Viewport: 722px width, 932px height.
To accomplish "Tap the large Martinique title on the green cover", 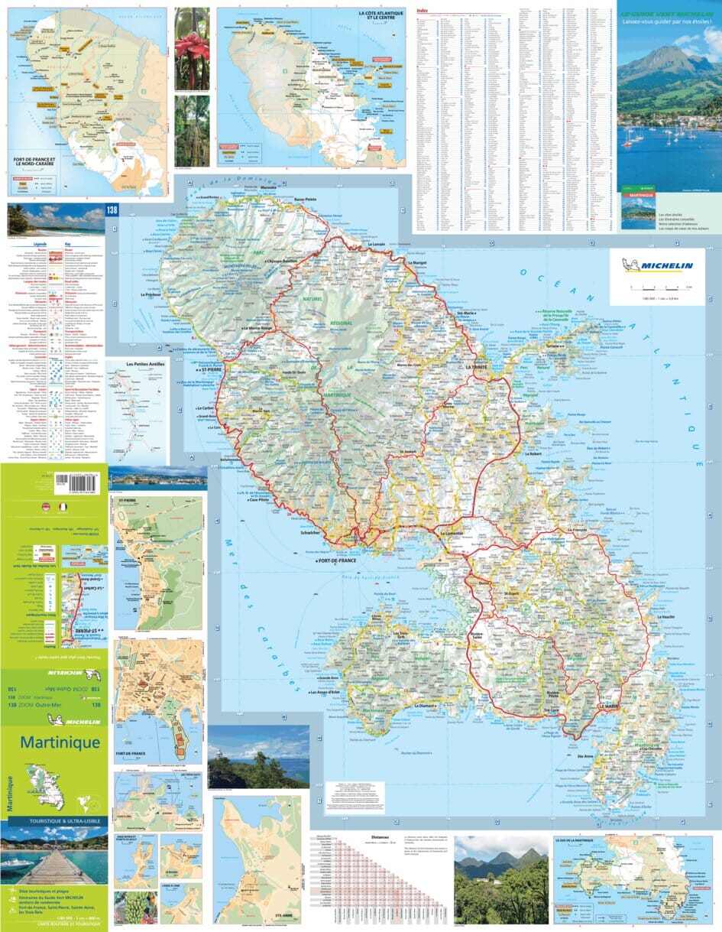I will click(x=60, y=742).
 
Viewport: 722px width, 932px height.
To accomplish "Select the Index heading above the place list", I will click(x=423, y=11).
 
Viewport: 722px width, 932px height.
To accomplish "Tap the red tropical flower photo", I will click(x=192, y=47).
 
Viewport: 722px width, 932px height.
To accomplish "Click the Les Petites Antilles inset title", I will click(x=145, y=365).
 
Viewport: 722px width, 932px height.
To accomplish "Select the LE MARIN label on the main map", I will click(x=608, y=706).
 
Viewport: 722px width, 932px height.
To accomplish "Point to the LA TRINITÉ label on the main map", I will click(x=479, y=368).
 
